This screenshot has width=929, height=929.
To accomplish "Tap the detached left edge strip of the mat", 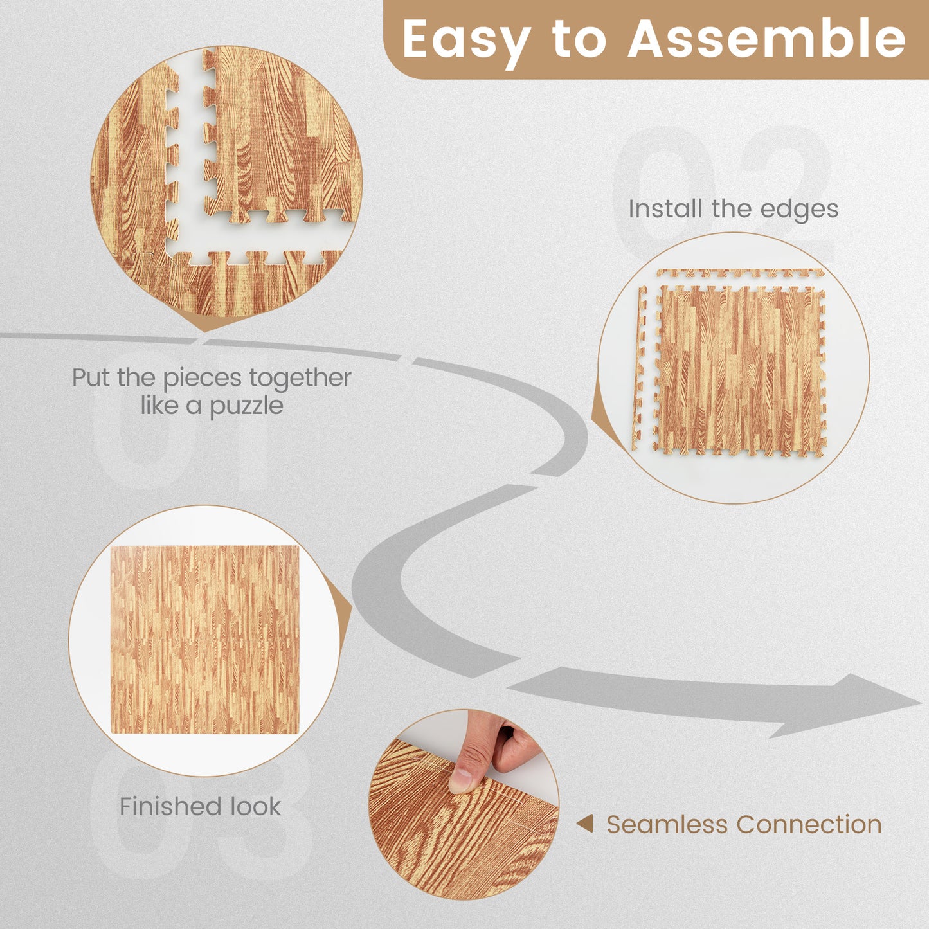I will (x=640, y=366).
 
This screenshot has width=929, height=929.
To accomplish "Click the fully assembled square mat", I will (x=204, y=640).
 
